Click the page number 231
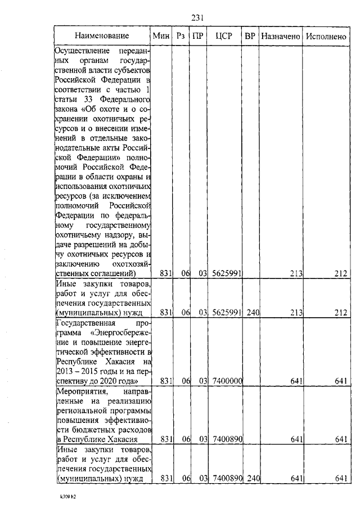tap(197, 18)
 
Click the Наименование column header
tap(102, 36)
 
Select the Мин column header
tap(161, 36)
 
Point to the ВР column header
tap(250, 36)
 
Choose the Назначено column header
tap(281, 36)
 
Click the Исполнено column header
tap(326, 36)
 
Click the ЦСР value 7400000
tap(227, 381)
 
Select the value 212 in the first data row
tap(340, 274)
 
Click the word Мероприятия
tap(82, 390)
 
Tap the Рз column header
tap(181, 36)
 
